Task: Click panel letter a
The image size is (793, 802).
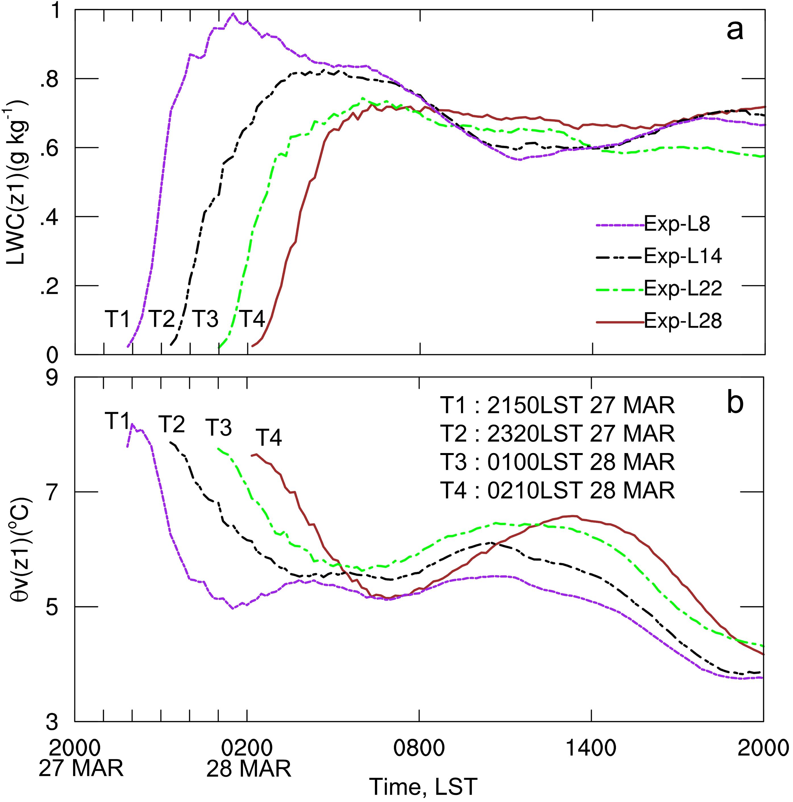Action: tap(735, 30)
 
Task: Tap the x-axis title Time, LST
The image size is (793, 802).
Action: tap(423, 786)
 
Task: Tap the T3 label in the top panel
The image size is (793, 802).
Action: tap(205, 319)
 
